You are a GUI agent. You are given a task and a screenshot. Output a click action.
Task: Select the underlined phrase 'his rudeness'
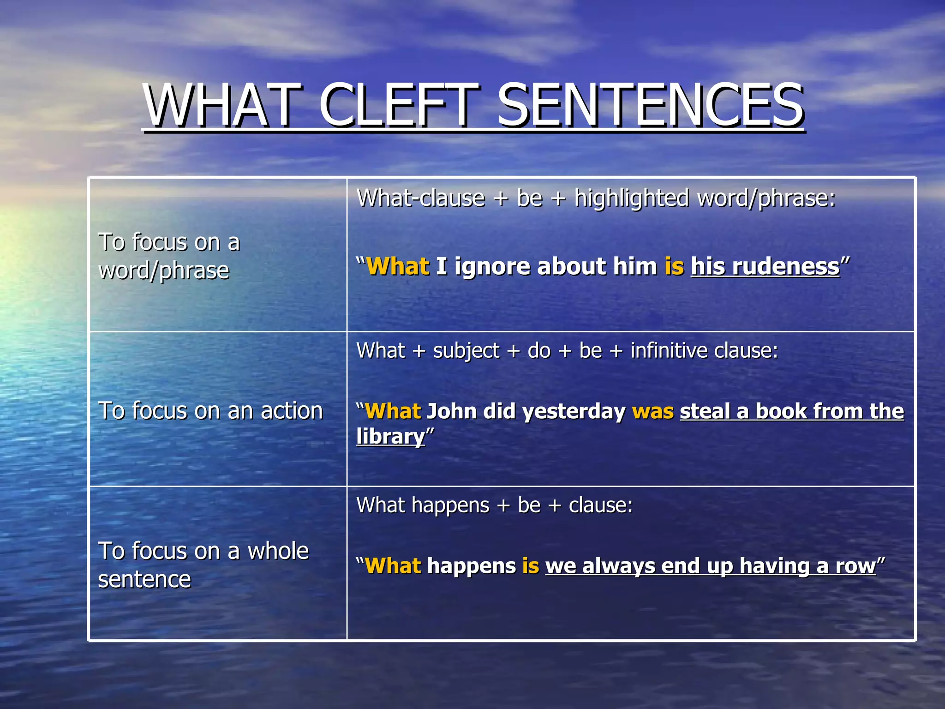click(765, 267)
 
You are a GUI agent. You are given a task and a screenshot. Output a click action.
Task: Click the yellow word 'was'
click(652, 411)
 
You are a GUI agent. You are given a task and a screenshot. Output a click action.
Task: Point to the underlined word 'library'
click(390, 437)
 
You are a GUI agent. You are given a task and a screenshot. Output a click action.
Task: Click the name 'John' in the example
click(451, 411)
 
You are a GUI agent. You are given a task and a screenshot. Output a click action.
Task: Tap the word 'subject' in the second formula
click(466, 351)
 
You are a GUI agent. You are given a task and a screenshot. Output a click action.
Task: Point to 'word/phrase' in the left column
click(164, 270)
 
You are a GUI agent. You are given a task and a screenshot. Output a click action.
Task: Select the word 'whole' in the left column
click(278, 551)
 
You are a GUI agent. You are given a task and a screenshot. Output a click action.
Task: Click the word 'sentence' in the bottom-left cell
click(144, 579)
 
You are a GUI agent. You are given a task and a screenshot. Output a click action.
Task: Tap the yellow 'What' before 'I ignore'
click(398, 267)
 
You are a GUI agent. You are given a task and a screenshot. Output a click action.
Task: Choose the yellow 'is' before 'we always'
click(530, 566)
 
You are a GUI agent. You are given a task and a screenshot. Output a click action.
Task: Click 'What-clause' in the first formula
click(421, 198)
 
